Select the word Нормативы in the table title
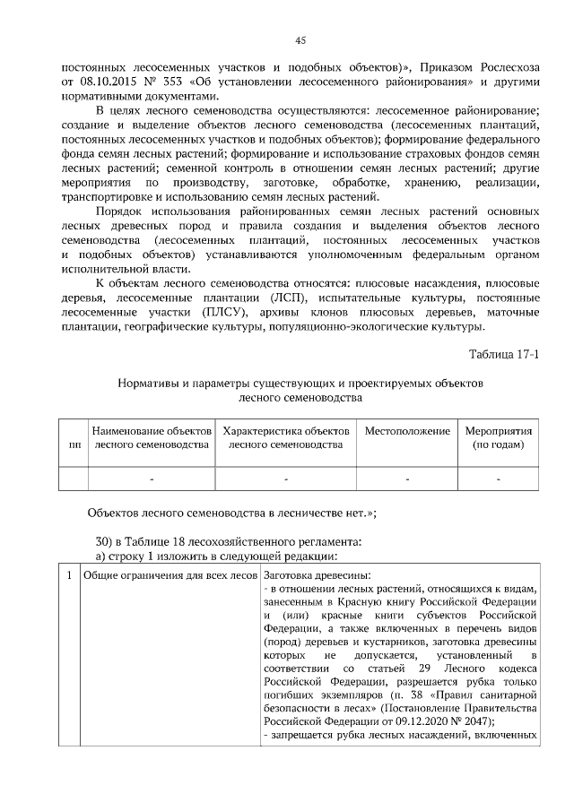[x=148, y=383]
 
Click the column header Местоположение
[x=407, y=431]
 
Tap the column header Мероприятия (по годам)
[x=499, y=437]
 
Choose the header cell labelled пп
[x=74, y=444]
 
